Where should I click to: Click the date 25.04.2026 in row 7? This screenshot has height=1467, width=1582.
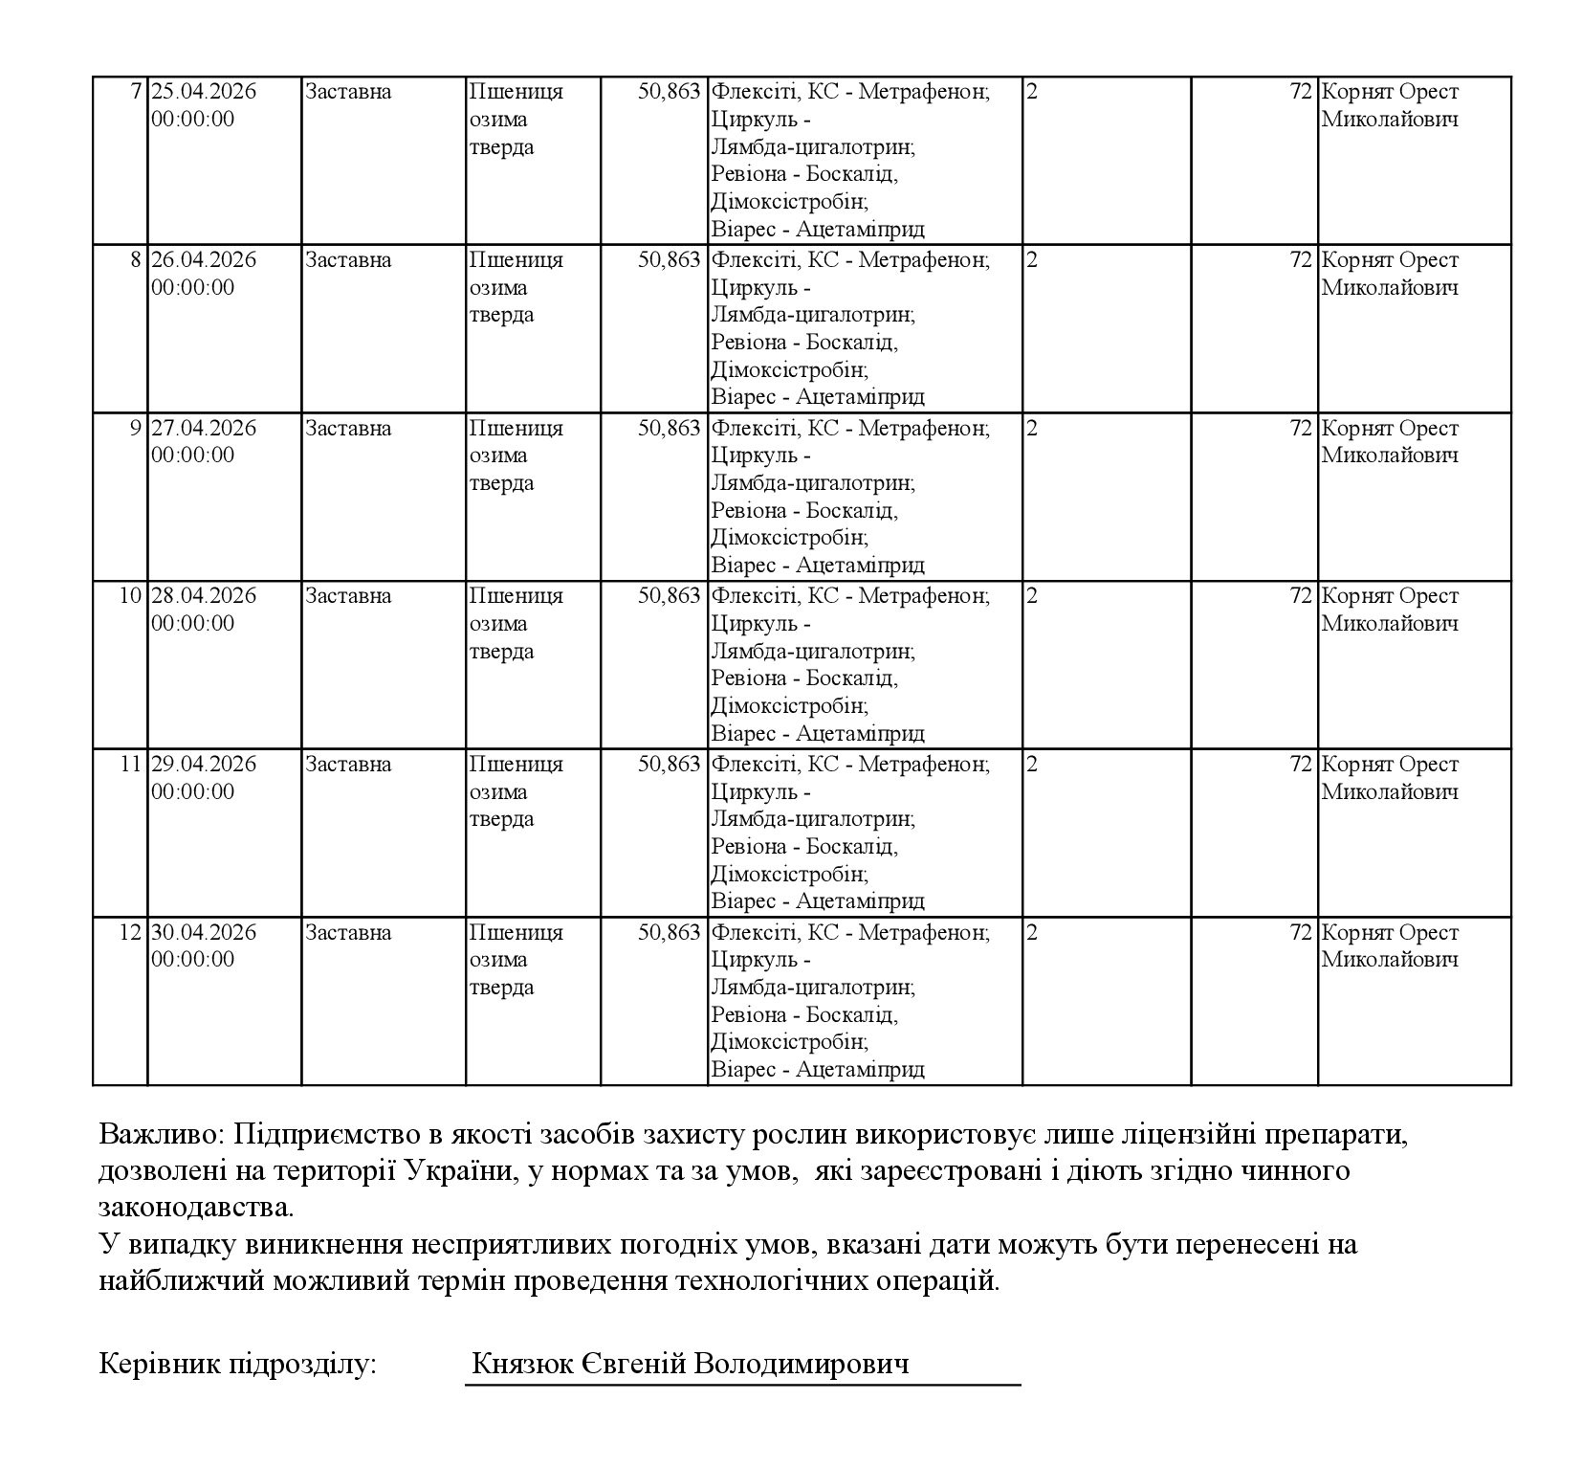[x=204, y=92]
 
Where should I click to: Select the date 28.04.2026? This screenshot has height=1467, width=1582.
[x=204, y=596]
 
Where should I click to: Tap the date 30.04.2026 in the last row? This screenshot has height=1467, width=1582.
[x=204, y=932]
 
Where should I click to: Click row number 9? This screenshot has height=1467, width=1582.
[x=135, y=428]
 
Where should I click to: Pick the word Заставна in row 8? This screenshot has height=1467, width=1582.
[x=348, y=260]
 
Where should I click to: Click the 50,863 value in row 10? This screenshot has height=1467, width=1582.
[x=670, y=596]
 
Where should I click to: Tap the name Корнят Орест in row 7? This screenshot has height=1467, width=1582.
[x=1390, y=92]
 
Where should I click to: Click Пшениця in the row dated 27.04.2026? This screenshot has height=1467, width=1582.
[x=516, y=428]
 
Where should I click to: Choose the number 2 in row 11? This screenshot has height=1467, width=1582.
[x=1031, y=765]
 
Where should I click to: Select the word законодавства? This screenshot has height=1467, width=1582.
[x=196, y=1207]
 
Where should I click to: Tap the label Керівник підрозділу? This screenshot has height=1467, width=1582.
[x=238, y=1364]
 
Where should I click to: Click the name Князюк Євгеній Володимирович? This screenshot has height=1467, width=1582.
[x=690, y=1364]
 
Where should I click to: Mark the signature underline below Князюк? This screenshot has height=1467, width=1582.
[x=742, y=1384]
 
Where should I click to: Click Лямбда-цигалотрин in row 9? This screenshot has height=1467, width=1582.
[x=812, y=483]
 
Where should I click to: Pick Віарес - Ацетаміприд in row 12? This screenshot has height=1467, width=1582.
[x=818, y=1069]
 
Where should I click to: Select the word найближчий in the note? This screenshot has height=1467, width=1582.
[x=181, y=1279]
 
